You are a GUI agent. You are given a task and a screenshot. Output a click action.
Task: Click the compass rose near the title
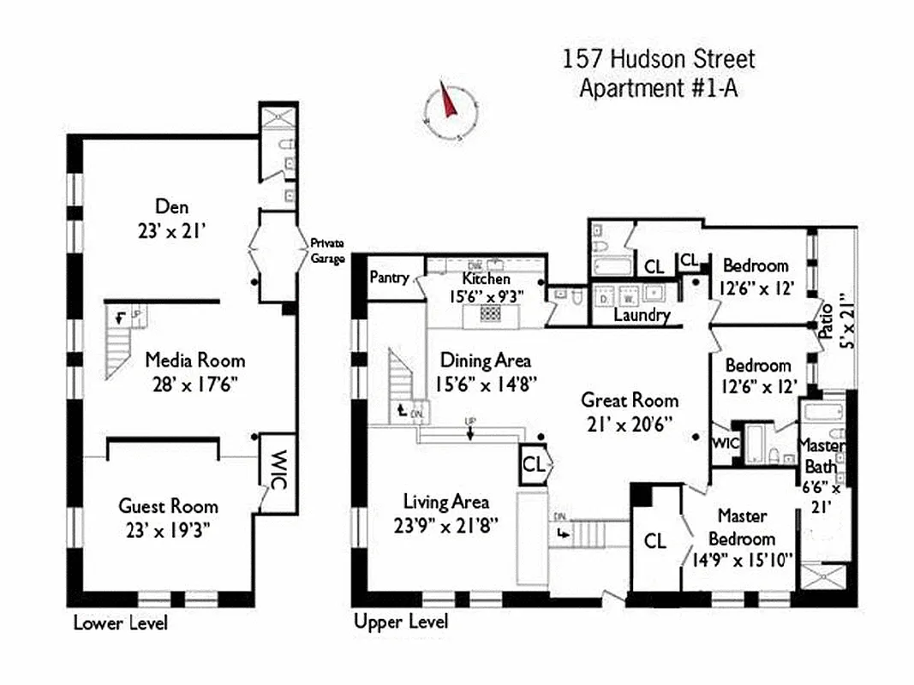click(x=451, y=111)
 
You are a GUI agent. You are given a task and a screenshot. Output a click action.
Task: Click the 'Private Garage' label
click(x=326, y=249)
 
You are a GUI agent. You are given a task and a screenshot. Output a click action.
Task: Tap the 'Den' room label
click(x=171, y=207)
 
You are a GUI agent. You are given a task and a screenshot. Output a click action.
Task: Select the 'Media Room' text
click(x=194, y=360)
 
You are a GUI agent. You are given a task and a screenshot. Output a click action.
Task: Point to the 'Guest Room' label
click(x=168, y=506)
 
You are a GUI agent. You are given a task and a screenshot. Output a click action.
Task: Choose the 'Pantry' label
click(x=388, y=278)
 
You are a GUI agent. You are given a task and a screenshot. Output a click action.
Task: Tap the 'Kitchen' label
click(x=486, y=279)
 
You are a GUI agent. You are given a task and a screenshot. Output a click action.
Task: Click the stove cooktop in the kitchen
click(x=490, y=314)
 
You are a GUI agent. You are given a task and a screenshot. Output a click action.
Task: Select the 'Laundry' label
click(x=642, y=315)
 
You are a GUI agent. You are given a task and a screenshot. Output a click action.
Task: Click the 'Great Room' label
click(x=630, y=400)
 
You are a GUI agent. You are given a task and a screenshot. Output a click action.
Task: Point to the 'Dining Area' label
click(x=485, y=360)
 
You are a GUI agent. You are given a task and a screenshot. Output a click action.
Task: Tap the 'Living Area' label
click(x=446, y=503)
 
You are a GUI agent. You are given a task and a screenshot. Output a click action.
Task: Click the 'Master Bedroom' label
click(x=742, y=527)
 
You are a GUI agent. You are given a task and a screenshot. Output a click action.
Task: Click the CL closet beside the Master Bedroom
click(x=654, y=541)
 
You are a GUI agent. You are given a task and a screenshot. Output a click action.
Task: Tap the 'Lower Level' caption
click(x=120, y=622)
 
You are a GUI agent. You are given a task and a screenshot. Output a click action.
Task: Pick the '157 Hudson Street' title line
click(x=659, y=60)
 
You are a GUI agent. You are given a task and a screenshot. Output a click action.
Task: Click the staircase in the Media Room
click(x=120, y=342)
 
